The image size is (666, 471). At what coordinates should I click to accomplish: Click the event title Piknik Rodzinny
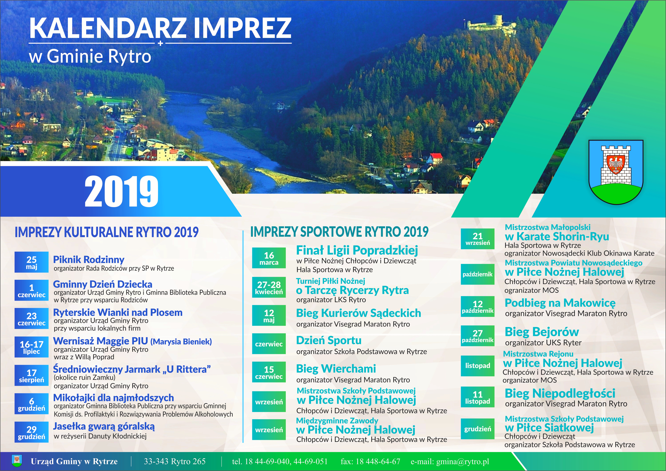coord(89,259)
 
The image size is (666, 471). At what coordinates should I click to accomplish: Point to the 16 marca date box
coord(269,258)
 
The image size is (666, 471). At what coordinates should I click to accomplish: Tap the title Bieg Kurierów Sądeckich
coord(358,313)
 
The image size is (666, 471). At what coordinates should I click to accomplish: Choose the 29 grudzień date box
coord(31,432)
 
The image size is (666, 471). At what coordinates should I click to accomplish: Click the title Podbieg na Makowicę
coord(560,303)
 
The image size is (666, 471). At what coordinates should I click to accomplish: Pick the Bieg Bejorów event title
coord(542,332)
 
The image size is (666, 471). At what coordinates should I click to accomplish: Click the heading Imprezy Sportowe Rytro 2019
coord(339,232)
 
